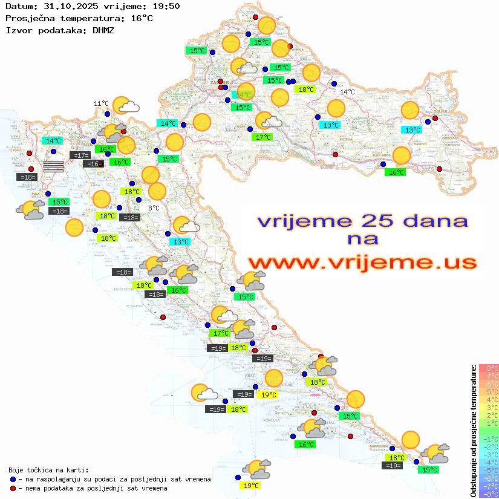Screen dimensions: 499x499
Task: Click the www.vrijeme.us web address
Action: (x=362, y=263)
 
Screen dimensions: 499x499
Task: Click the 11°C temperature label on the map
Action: (x=101, y=103)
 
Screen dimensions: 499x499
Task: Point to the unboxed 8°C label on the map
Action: (x=154, y=208)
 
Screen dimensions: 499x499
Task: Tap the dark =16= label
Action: (x=93, y=164)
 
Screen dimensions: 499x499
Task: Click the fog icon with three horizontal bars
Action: (x=53, y=166)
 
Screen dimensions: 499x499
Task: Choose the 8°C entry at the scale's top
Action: (x=488, y=368)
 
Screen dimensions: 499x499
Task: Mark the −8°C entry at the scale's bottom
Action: (x=488, y=494)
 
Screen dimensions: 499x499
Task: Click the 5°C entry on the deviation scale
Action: (x=488, y=391)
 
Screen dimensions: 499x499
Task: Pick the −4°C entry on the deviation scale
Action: (x=488, y=462)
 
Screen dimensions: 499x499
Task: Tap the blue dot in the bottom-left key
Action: (x=13, y=479)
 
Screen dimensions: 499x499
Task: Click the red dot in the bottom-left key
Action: (x=13, y=488)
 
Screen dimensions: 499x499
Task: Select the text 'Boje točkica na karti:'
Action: (x=48, y=470)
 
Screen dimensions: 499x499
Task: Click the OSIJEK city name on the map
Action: (x=439, y=111)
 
